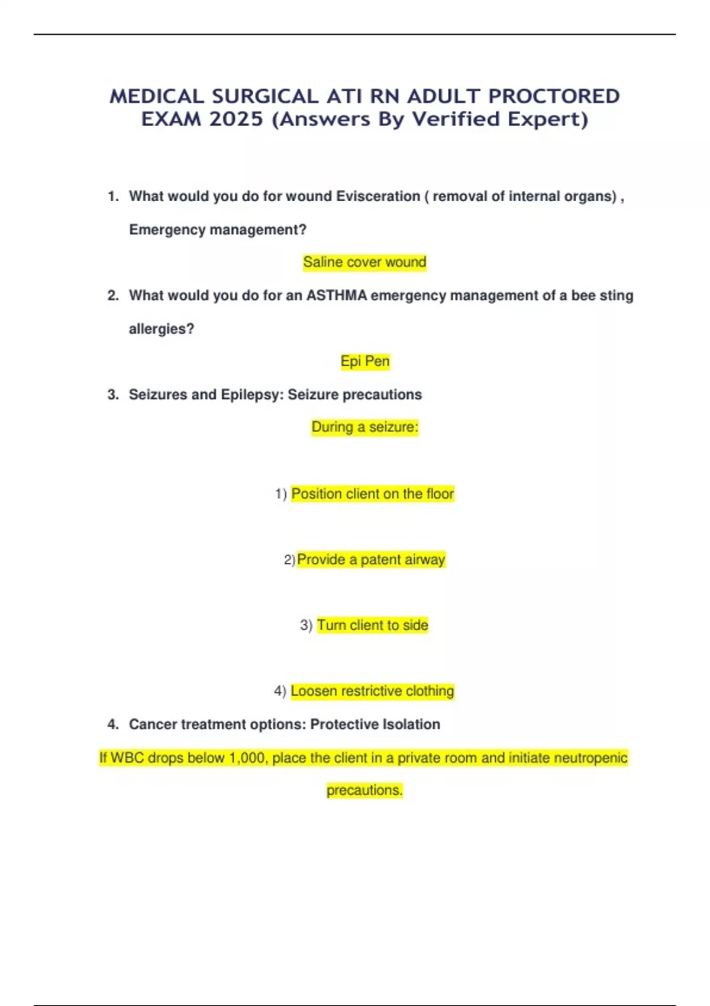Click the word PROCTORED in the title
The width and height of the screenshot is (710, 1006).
click(554, 96)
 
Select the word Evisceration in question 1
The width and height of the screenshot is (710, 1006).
click(378, 196)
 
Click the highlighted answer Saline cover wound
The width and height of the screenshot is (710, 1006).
click(364, 262)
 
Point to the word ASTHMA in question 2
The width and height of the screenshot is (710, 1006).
click(337, 295)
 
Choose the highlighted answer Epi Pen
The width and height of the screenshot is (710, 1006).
click(365, 362)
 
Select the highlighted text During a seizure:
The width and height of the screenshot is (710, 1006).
click(365, 427)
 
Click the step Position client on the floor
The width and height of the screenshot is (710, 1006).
click(373, 494)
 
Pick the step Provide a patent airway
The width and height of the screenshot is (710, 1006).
click(371, 560)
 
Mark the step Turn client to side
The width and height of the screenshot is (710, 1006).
click(373, 625)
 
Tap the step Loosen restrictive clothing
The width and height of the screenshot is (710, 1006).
click(372, 691)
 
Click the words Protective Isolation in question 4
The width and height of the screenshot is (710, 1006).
click(375, 724)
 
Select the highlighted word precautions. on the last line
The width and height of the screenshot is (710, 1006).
click(364, 791)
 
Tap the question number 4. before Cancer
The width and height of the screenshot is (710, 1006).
click(113, 724)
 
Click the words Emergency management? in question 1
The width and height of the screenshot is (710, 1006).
click(218, 230)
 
